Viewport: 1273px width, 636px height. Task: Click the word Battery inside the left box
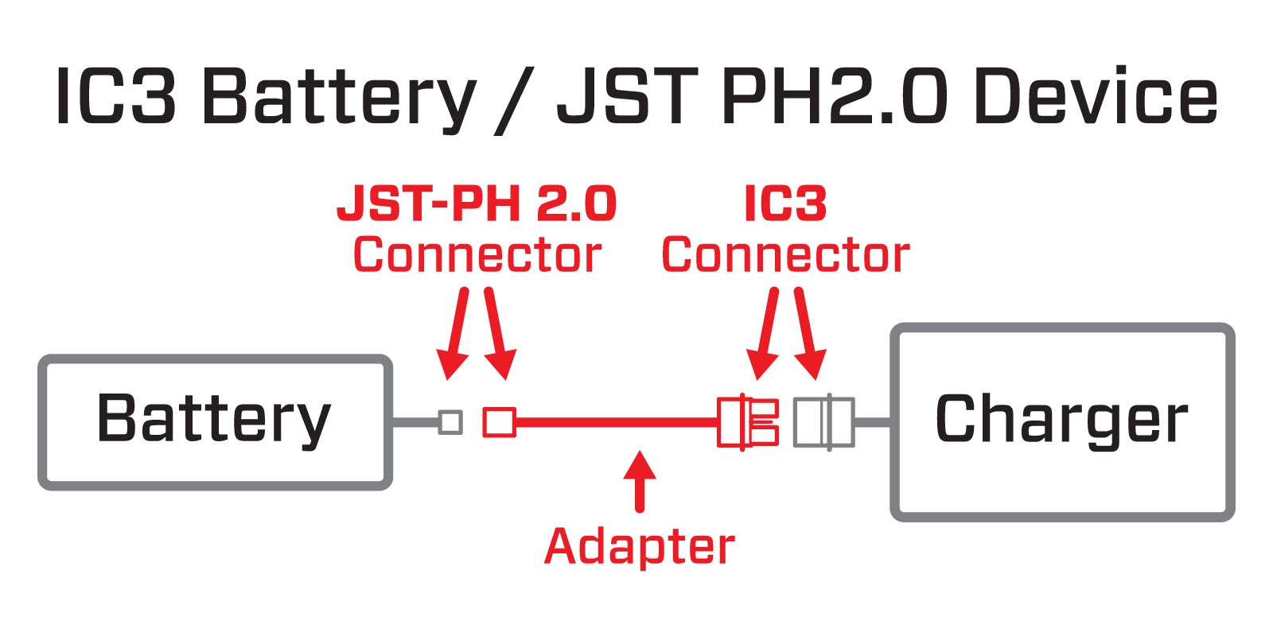tap(213, 419)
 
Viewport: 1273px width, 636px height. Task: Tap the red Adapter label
tap(640, 547)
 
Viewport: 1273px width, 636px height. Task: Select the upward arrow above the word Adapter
tap(640, 480)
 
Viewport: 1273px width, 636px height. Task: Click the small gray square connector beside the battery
tap(450, 422)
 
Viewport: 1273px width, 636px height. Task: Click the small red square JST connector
tap(500, 422)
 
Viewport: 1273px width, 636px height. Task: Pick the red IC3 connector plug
tap(747, 422)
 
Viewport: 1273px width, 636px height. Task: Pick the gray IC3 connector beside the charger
tap(824, 422)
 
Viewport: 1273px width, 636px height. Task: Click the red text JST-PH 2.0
tap(477, 204)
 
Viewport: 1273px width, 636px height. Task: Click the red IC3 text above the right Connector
tap(785, 204)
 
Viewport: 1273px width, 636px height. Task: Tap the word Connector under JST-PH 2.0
tap(477, 255)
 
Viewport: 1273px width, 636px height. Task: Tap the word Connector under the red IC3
tap(785, 255)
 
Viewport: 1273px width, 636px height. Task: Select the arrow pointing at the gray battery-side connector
tap(456, 334)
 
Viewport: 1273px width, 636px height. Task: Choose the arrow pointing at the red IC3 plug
tap(767, 334)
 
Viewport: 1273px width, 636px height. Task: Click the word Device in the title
tap(1096, 97)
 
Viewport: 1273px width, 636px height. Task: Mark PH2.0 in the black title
tap(835, 97)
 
